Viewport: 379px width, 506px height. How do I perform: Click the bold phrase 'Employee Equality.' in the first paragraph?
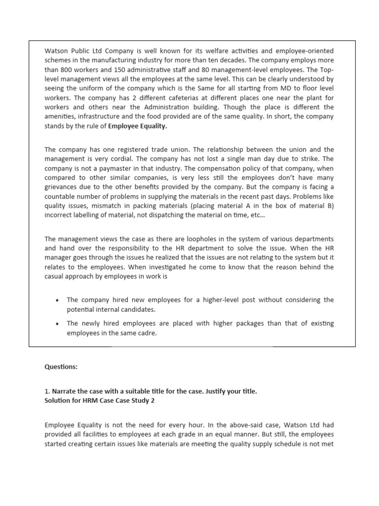138,126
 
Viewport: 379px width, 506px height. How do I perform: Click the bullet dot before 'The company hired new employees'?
58,300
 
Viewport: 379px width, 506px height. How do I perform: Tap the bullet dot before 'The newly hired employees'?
58,324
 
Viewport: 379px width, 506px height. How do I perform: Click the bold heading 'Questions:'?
61,367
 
